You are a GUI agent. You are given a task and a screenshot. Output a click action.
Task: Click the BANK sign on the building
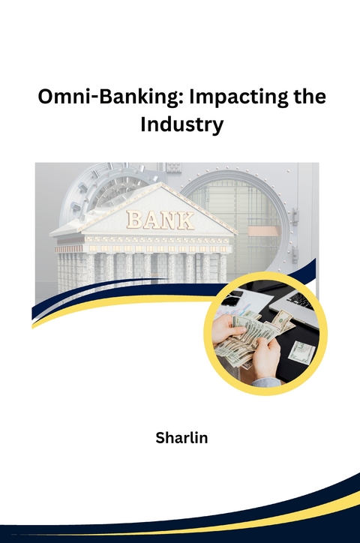[x=160, y=219]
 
